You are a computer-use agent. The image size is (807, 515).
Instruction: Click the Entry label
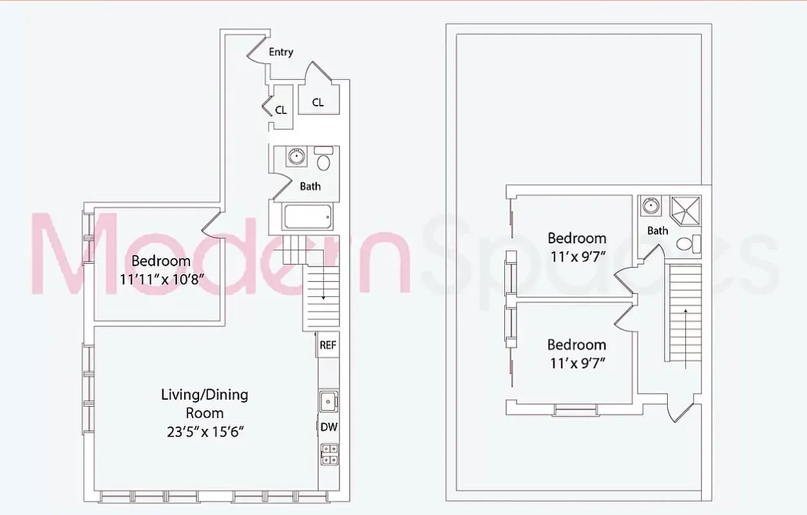click(281, 52)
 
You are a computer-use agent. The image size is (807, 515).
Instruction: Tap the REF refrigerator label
click(328, 345)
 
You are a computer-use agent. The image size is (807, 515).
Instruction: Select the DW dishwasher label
click(328, 427)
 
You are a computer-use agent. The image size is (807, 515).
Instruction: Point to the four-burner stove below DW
click(328, 454)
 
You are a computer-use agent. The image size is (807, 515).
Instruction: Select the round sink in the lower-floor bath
click(296, 156)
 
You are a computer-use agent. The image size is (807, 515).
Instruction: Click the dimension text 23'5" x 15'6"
click(204, 431)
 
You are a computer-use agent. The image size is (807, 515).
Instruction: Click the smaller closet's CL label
click(281, 110)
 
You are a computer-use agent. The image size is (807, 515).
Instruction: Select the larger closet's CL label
click(318, 102)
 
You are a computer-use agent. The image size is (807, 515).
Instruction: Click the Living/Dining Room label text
click(204, 403)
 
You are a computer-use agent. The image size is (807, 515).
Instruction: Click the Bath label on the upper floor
click(658, 230)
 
